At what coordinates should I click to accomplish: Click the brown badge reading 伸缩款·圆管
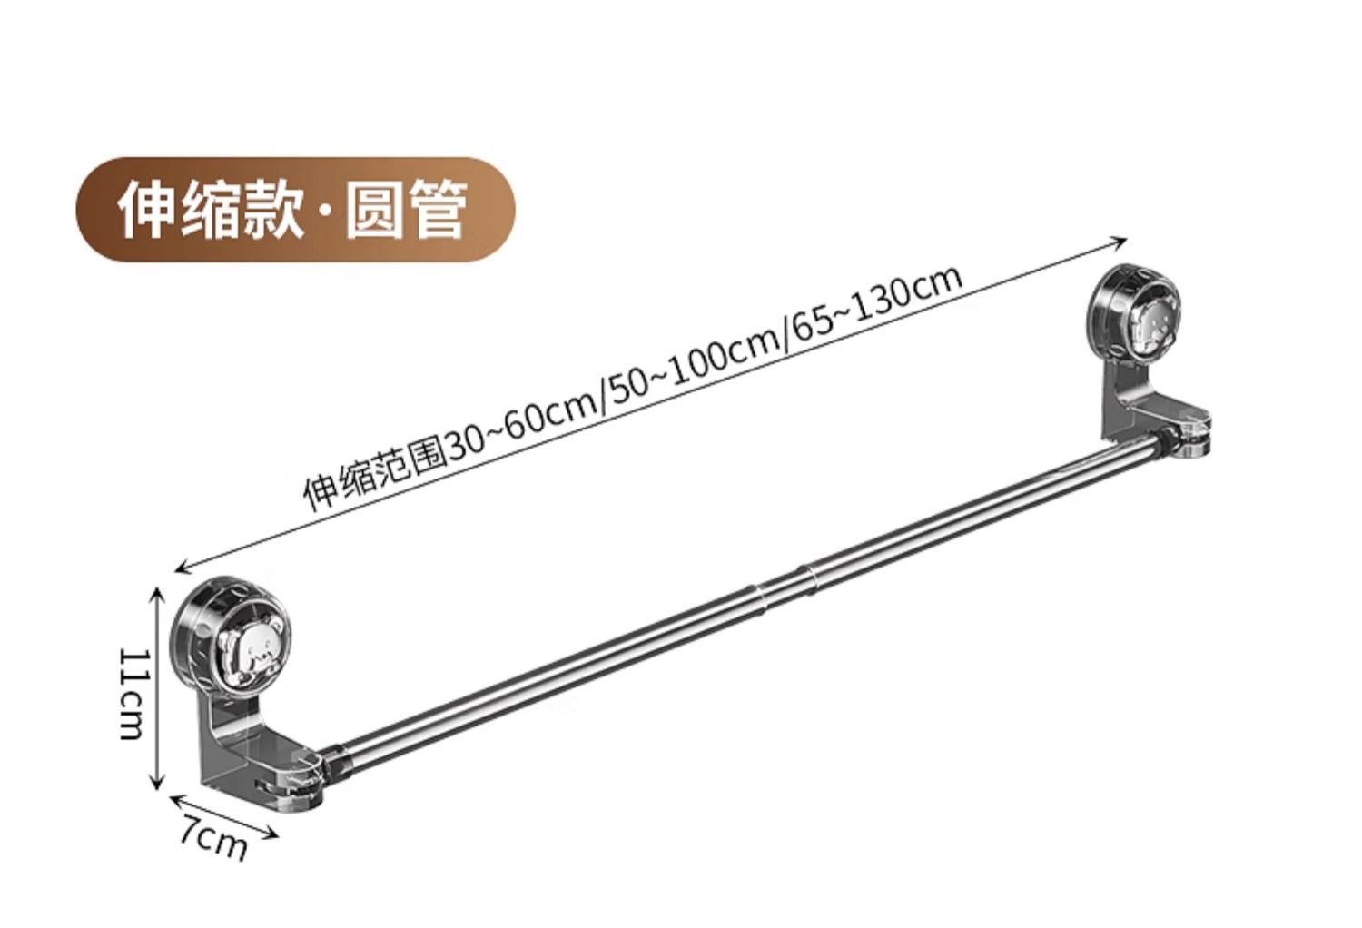(x=295, y=210)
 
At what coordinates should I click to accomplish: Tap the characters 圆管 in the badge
(x=406, y=210)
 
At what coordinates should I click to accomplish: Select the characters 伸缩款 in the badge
(x=211, y=210)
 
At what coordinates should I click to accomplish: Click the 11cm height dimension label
(x=133, y=694)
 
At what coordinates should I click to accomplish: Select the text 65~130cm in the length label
(x=876, y=301)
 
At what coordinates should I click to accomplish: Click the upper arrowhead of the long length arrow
(x=1120, y=242)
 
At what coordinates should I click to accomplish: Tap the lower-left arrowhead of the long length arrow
(x=183, y=568)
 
